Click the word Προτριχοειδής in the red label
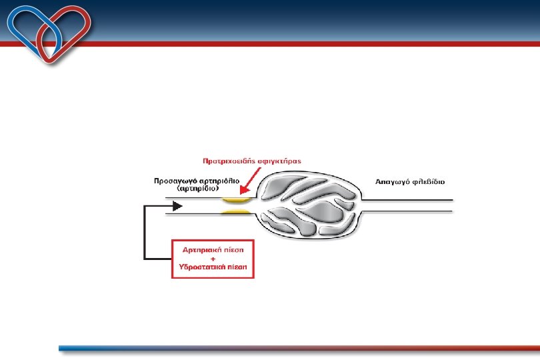tap(225, 161)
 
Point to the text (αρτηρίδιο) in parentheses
tap(199, 189)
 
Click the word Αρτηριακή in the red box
tap(203, 248)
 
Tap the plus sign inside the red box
tap(213, 257)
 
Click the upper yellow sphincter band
tap(237, 198)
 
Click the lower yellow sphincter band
tap(237, 212)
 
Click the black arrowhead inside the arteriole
tap(177, 206)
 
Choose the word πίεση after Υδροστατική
tap(238, 265)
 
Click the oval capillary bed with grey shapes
tap(307, 205)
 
